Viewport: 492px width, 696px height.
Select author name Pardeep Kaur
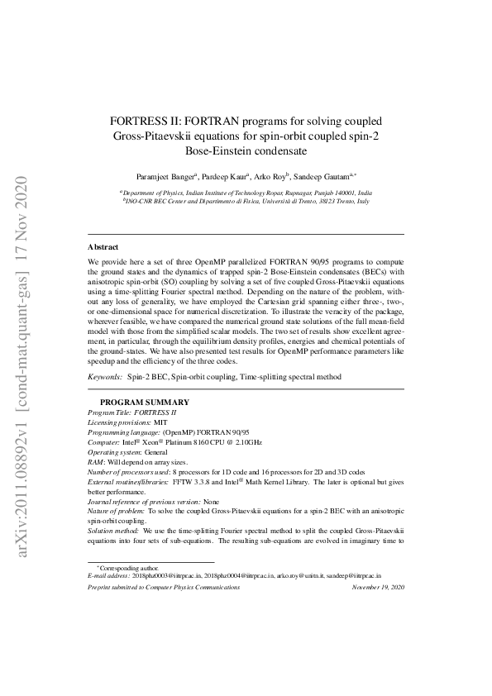224,177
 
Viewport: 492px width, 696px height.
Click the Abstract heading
103,246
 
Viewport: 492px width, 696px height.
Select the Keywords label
105,376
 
